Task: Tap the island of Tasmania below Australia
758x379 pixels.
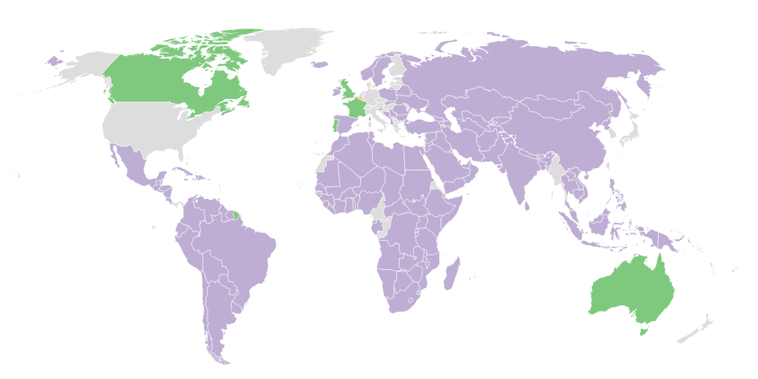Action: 643,330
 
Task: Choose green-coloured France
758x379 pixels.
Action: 356,109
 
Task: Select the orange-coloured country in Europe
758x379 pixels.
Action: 359,99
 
